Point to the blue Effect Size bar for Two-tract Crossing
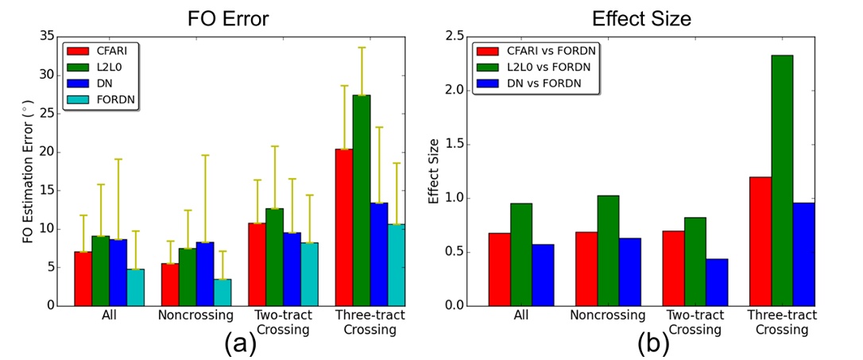tap(717, 282)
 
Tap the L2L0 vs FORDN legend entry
tap(541, 67)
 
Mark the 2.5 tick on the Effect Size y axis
tap(456, 36)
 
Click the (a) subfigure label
tap(239, 343)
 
